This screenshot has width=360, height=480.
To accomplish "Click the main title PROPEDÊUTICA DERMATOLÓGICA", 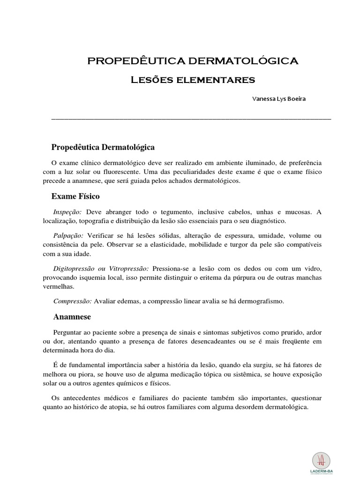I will coord(193,60).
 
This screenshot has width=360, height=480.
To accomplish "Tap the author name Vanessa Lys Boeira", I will coord(279,99).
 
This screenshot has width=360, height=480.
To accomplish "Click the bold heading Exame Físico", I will coord(75,195).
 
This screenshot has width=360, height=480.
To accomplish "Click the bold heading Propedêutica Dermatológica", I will coord(103,147).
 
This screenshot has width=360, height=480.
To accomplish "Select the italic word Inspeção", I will coord(67,211).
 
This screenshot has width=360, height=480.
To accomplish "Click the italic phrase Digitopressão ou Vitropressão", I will coord(101,269).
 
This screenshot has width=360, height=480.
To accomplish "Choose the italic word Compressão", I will coord(72,301).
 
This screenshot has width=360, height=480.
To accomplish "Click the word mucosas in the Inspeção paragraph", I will coord(297,211).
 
